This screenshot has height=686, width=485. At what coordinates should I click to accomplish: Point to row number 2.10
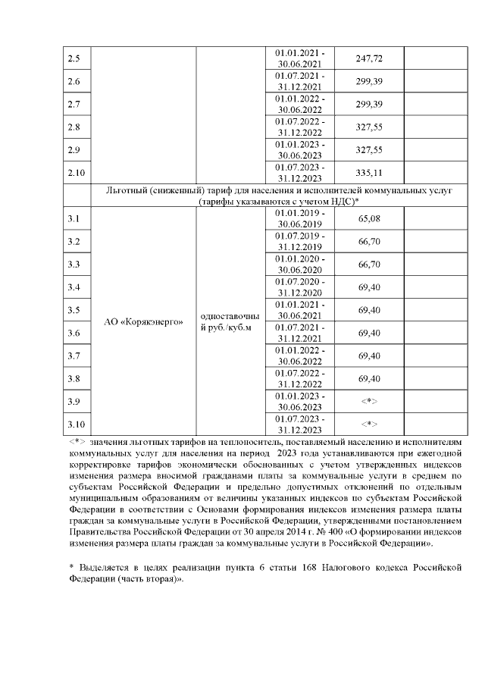click(77, 173)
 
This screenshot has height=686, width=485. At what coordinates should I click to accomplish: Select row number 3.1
click(74, 219)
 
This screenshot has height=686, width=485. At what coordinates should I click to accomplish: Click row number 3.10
click(77, 424)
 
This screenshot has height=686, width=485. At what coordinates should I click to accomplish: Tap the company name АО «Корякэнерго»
click(143, 321)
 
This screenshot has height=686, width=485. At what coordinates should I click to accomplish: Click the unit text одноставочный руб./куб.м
click(230, 321)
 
